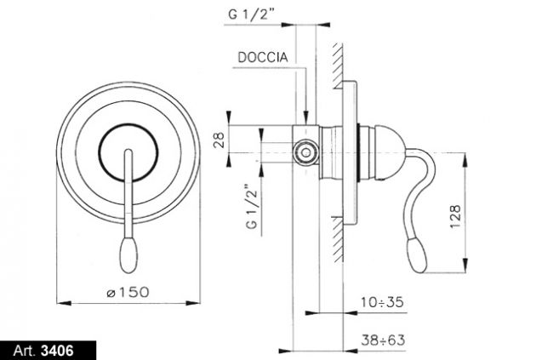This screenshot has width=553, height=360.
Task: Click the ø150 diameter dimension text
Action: point(128,292)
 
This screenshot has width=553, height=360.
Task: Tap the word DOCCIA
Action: point(263,57)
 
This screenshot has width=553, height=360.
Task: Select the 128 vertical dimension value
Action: point(455,217)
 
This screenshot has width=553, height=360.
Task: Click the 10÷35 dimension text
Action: point(382,302)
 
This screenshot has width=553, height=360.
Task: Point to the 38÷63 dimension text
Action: point(383,340)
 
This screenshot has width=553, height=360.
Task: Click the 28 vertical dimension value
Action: point(219,140)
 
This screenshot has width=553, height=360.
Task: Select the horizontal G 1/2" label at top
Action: point(251,14)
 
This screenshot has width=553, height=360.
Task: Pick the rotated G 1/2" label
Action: point(252,206)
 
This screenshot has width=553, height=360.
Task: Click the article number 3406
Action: point(57,351)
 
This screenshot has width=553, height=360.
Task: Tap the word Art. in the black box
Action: point(25,351)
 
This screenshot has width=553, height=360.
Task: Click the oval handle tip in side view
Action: point(417,255)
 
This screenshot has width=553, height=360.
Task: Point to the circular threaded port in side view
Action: point(306,153)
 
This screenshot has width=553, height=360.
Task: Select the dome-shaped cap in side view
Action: point(389,153)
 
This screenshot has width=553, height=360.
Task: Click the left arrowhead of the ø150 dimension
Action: point(64,303)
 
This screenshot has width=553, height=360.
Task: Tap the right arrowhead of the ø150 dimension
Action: point(193,303)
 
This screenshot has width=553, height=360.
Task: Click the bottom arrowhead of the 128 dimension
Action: point(465,266)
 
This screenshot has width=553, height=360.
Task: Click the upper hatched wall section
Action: point(338,66)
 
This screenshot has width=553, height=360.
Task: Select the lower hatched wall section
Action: point(338,240)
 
